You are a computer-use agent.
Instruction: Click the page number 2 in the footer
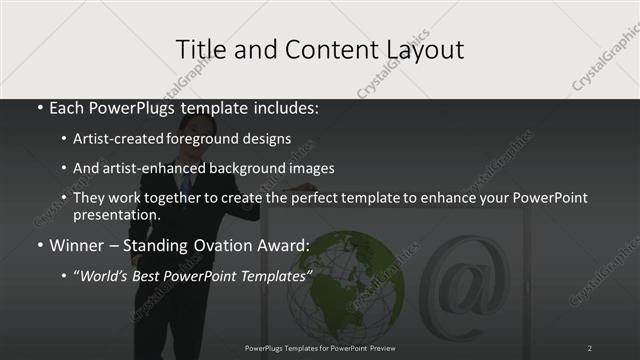(x=589, y=347)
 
